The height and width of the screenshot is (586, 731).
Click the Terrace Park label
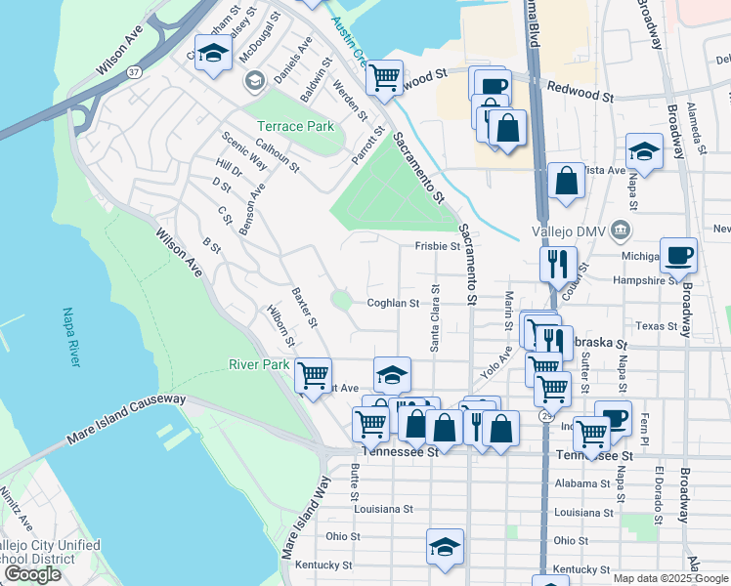(295, 126)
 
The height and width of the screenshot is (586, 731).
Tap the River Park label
(259, 364)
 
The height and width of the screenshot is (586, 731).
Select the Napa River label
(70, 338)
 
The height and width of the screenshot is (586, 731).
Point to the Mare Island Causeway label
(125, 419)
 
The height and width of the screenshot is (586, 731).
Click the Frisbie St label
(437, 247)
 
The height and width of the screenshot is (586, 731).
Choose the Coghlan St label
(393, 303)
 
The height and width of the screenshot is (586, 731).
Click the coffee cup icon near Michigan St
(679, 256)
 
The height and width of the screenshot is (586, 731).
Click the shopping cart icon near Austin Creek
(384, 76)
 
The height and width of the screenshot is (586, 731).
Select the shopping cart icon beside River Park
(313, 375)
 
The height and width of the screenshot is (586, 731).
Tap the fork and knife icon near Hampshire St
(558, 262)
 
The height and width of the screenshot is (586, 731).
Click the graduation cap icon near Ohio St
(445, 547)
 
